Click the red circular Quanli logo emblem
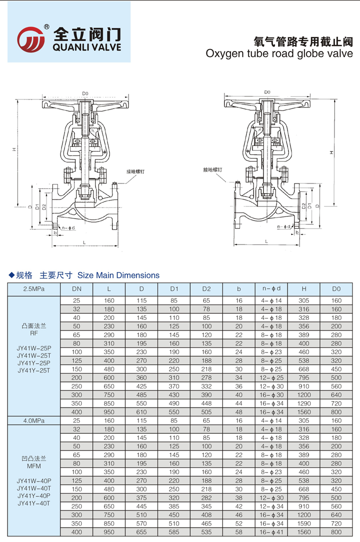31,38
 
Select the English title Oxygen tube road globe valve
279,53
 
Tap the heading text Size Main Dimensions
118,275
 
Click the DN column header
76,288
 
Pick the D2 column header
206,288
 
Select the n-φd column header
271,288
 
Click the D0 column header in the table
336,288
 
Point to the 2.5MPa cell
33,288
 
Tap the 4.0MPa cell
33,420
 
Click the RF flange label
33,332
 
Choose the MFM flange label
33,465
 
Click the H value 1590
304,523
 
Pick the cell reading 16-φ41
271,532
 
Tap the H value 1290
304,403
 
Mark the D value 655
142,532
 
